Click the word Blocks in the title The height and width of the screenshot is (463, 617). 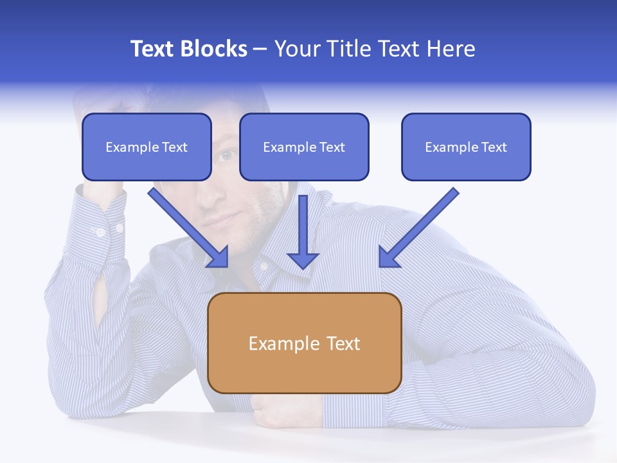coord(215,49)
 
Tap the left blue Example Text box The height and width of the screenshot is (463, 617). coord(147,147)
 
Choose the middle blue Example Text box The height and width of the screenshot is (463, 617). coord(304,147)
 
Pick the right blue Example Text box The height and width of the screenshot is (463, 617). coord(466,147)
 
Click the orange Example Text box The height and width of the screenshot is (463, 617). coord(304,343)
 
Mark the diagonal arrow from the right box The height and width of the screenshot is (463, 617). coord(418,228)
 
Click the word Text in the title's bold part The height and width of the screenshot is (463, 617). coord(152,49)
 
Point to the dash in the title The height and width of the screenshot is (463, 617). coord(260,50)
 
